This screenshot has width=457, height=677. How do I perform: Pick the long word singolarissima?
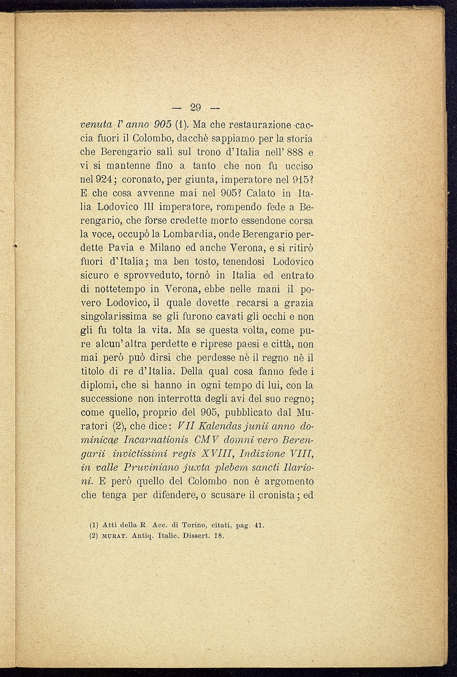(x=113, y=317)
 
